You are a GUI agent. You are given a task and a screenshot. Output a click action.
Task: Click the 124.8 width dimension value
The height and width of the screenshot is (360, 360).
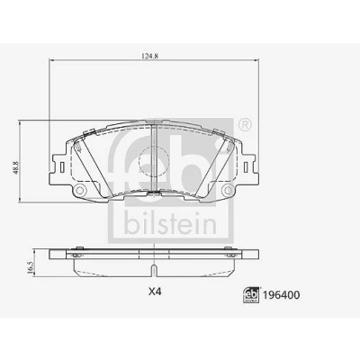(x=149, y=56)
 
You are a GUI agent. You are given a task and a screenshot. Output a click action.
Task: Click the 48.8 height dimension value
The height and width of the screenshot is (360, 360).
(x=16, y=167)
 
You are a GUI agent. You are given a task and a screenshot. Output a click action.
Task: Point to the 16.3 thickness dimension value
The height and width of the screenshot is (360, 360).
(x=30, y=267)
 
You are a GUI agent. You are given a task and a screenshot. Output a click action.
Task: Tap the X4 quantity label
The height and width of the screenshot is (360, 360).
(x=155, y=292)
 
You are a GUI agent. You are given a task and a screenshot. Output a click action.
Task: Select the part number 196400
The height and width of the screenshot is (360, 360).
(x=281, y=295)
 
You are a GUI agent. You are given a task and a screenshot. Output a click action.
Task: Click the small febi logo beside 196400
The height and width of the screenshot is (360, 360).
(x=252, y=295)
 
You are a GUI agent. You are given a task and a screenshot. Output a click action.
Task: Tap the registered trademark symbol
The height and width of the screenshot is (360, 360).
(x=245, y=125)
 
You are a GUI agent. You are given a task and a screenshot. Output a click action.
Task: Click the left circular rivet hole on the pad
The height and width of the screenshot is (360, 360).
(x=79, y=190)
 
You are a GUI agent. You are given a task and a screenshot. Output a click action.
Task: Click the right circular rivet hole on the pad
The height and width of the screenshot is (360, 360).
(x=228, y=190)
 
